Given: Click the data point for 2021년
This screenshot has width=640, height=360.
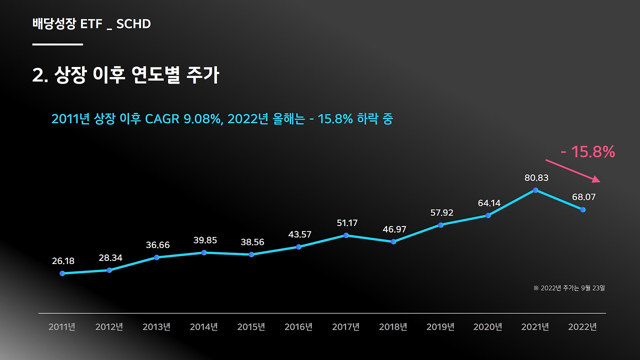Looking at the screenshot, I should click(x=535, y=190).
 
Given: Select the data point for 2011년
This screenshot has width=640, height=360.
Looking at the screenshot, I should click(x=62, y=273).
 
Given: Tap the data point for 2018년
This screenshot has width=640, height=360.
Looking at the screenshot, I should click(x=393, y=241).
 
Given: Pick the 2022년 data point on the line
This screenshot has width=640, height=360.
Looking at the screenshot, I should click(x=583, y=209).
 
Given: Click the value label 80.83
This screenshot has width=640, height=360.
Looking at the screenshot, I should click(x=536, y=177).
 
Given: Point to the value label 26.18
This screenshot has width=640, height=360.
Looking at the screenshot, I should click(x=63, y=261).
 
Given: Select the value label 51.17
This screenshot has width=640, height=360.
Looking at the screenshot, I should click(x=347, y=223).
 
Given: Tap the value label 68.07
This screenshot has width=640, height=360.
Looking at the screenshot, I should click(x=584, y=197).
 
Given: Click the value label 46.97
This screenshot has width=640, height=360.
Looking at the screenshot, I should click(x=394, y=229).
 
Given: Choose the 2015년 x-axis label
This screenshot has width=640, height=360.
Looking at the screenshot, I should click(x=251, y=327).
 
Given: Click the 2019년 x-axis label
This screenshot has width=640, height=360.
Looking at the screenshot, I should click(x=440, y=327).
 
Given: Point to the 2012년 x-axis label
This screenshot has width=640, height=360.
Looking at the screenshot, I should click(x=109, y=327).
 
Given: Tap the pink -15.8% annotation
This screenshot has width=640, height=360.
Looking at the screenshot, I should click(x=588, y=152).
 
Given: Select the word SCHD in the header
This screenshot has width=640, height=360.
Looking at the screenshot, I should click(x=133, y=23).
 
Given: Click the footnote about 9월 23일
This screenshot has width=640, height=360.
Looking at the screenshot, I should click(x=569, y=288).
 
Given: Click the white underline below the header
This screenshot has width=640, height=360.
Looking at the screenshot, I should click(x=57, y=44).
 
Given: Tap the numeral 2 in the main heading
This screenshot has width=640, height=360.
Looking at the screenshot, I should click(x=37, y=75).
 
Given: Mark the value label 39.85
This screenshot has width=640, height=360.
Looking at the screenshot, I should click(x=205, y=240).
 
